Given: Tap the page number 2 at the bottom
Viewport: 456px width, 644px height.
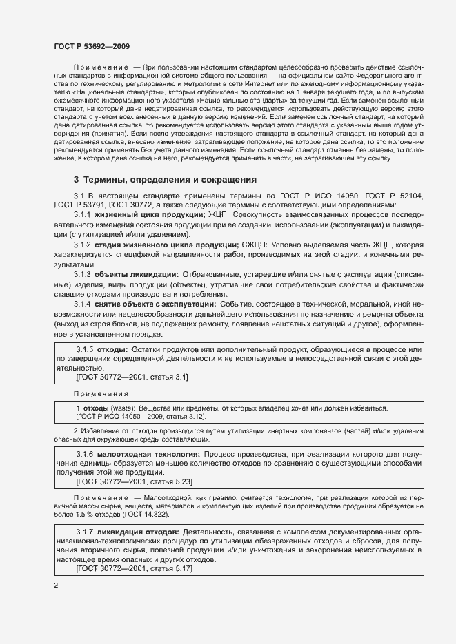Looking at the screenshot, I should point(57,585).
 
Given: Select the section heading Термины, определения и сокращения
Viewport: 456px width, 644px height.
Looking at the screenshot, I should point(169,180).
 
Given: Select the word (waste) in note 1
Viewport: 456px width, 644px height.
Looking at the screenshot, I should point(122,408).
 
